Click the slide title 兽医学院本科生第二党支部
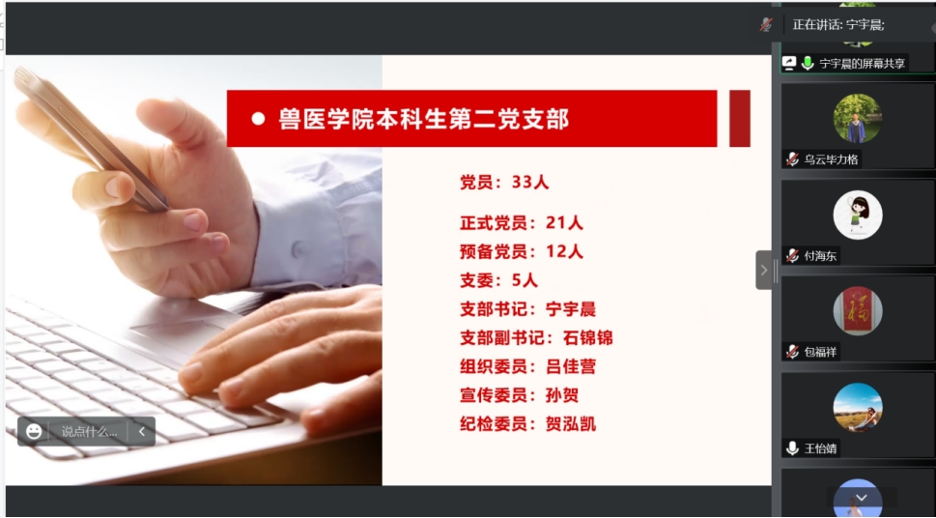click(x=423, y=118)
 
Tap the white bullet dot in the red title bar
click(x=258, y=119)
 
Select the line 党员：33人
click(x=504, y=183)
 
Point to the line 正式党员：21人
click(x=522, y=223)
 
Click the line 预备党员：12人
click(x=522, y=251)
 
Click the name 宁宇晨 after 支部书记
click(x=571, y=309)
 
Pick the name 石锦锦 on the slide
click(x=588, y=337)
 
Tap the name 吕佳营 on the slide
click(x=571, y=366)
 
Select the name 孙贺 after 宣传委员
click(x=562, y=395)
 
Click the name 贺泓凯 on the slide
click(x=571, y=424)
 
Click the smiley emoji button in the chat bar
click(x=34, y=431)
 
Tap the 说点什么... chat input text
click(x=89, y=431)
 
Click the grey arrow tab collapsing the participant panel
click(x=763, y=270)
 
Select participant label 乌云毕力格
click(x=831, y=159)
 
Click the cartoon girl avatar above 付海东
click(x=858, y=216)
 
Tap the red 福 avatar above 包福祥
click(x=858, y=311)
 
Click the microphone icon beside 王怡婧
click(x=792, y=448)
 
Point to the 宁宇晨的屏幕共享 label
click(x=862, y=64)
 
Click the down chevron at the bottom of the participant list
click(x=861, y=498)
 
